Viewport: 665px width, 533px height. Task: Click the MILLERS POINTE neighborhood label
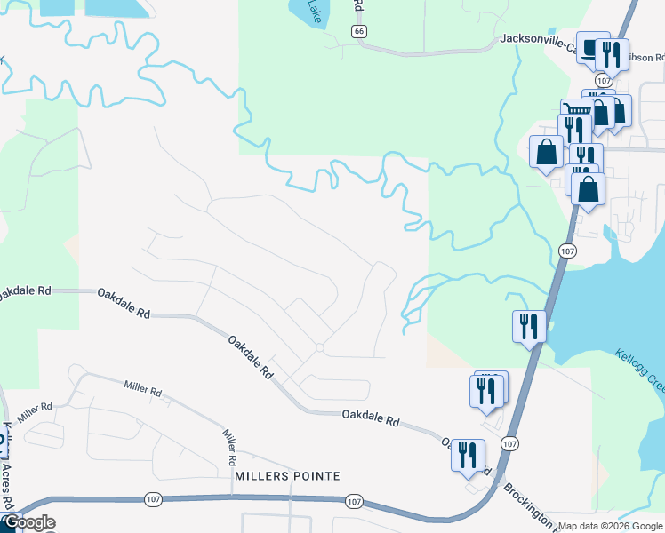(287, 476)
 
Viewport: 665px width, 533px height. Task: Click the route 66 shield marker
(358, 31)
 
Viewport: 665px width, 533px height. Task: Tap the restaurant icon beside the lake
(526, 325)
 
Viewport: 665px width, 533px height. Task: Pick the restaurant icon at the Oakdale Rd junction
(468, 454)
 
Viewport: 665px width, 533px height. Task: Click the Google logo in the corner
(29, 522)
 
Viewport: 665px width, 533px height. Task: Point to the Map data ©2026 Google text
(610, 525)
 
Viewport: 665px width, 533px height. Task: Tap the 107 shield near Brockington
(509, 443)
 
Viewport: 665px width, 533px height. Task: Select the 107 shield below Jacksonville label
(604, 80)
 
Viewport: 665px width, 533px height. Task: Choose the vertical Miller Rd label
(230, 447)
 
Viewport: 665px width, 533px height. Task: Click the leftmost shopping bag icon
(546, 150)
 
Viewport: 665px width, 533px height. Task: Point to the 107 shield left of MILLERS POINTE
(152, 501)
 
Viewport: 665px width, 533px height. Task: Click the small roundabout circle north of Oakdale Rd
(319, 346)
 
